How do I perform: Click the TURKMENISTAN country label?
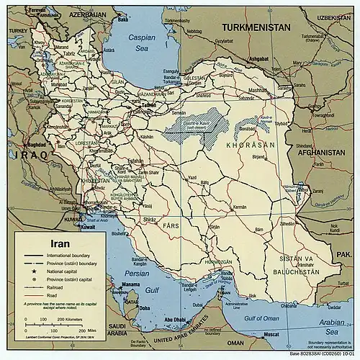pos(256,27)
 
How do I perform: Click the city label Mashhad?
pos(257,91)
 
